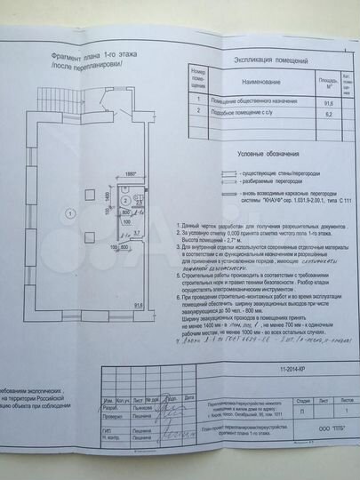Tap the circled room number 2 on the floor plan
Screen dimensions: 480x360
click(x=140, y=202)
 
